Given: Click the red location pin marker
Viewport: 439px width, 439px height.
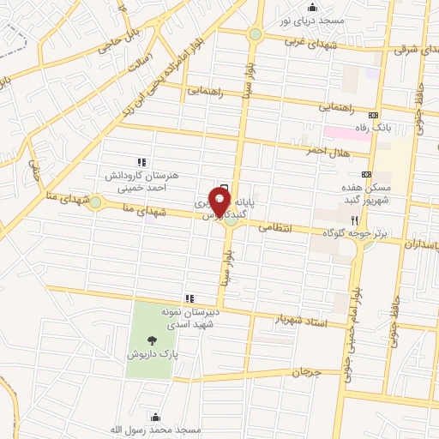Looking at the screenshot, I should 220,202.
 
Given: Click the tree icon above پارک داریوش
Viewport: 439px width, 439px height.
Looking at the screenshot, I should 152,339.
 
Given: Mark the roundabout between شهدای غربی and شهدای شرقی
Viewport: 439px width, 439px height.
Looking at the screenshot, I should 256,34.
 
